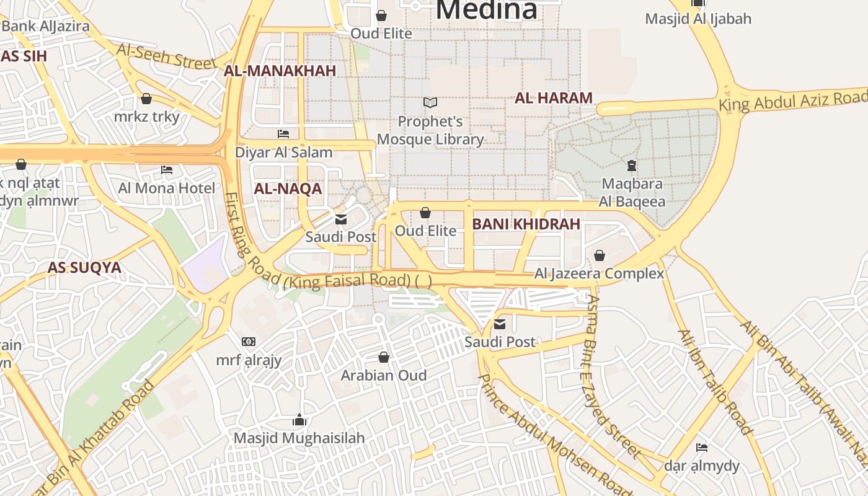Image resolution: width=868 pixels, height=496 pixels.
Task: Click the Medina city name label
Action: [487, 10]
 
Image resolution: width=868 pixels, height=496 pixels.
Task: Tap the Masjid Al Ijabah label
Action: [698, 19]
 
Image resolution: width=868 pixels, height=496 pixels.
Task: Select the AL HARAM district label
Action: [554, 98]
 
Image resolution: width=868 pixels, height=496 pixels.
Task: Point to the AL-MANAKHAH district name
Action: [280, 71]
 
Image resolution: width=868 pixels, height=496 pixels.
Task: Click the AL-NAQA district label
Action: [288, 188]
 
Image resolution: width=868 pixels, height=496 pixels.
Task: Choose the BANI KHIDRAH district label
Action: [526, 224]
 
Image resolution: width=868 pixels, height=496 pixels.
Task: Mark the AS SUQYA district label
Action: [84, 268]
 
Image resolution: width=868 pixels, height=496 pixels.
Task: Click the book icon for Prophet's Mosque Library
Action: [430, 102]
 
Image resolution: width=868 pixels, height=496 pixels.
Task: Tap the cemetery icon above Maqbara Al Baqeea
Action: [632, 166]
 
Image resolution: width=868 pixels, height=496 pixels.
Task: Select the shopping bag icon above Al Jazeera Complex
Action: [600, 255]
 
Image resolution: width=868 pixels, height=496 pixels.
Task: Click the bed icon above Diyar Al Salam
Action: [283, 133]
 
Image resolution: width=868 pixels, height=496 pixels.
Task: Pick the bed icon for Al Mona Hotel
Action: [167, 169]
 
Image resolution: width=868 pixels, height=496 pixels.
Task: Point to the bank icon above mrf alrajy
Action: [249, 342]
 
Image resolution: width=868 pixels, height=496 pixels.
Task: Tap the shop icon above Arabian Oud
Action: [384, 357]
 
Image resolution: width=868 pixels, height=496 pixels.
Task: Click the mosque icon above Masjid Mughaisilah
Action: [299, 420]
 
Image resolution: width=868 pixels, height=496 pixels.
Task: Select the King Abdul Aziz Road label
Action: [792, 100]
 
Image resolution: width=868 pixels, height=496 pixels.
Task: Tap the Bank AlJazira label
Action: [45, 26]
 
